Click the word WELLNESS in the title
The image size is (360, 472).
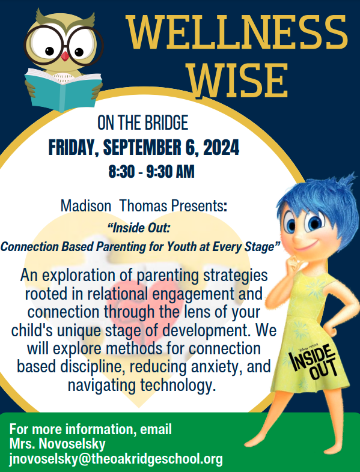point(236,32)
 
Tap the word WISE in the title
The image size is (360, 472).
point(237,80)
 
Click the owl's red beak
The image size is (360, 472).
point(65,56)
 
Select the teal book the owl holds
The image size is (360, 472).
point(63,89)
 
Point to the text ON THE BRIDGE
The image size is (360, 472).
point(143,123)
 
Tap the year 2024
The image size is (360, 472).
point(221,148)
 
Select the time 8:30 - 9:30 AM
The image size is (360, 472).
point(151,172)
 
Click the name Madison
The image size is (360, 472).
point(86,206)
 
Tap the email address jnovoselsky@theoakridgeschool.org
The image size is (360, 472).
point(116,459)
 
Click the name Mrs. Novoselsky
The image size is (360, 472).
point(58,444)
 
